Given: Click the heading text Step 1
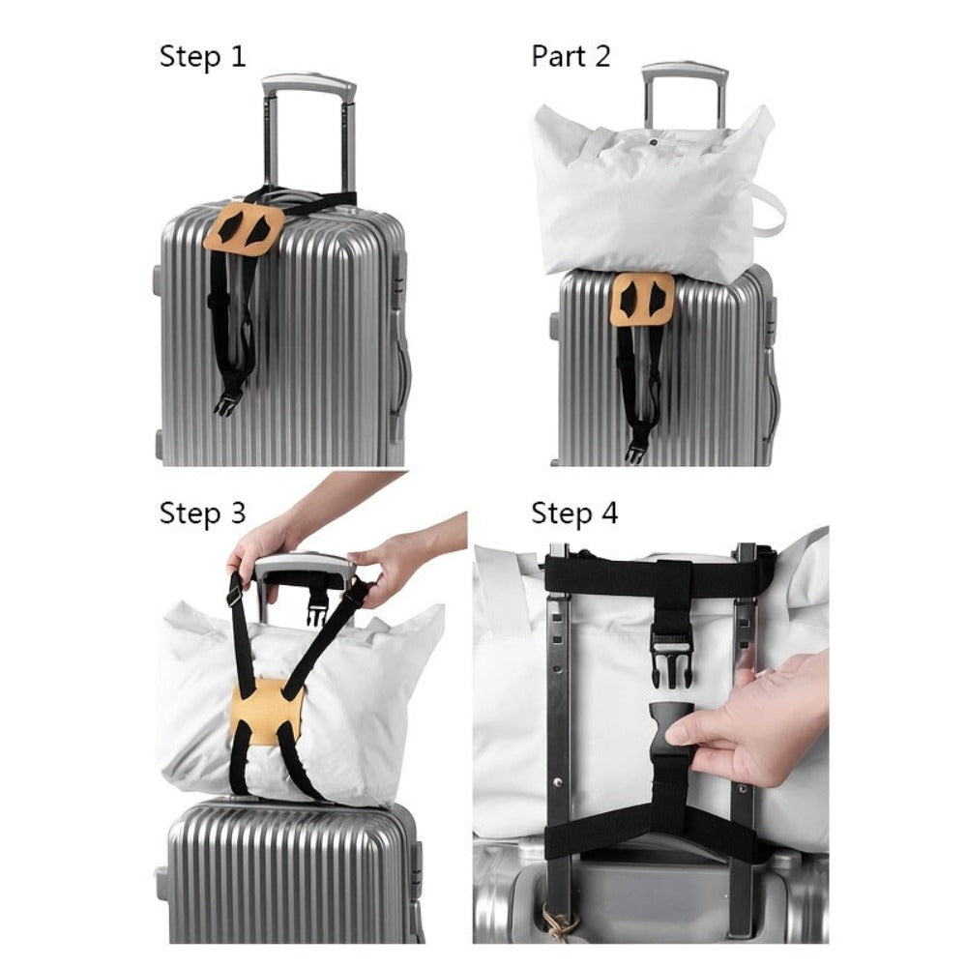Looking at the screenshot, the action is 202,57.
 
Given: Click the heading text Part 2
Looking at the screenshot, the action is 571,56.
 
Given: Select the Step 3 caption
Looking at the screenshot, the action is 202,513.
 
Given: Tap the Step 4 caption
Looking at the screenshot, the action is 574,513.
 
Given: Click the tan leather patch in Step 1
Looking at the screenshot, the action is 245,230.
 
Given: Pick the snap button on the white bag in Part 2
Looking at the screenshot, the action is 652,143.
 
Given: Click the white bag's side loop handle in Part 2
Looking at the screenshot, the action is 769,209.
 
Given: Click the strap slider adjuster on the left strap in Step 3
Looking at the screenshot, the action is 234,597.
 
